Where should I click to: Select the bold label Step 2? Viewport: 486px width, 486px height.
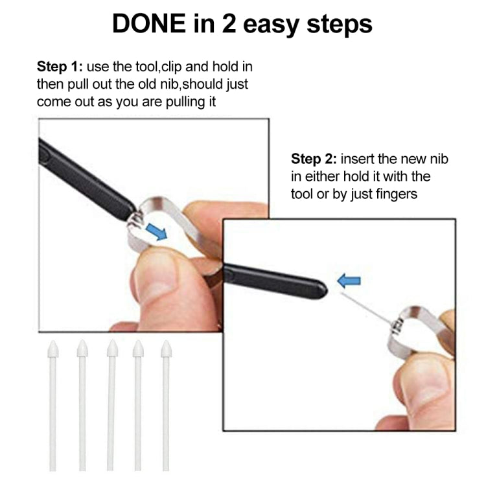click(x=314, y=159)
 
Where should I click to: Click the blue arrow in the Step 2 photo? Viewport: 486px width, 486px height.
click(x=350, y=281)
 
